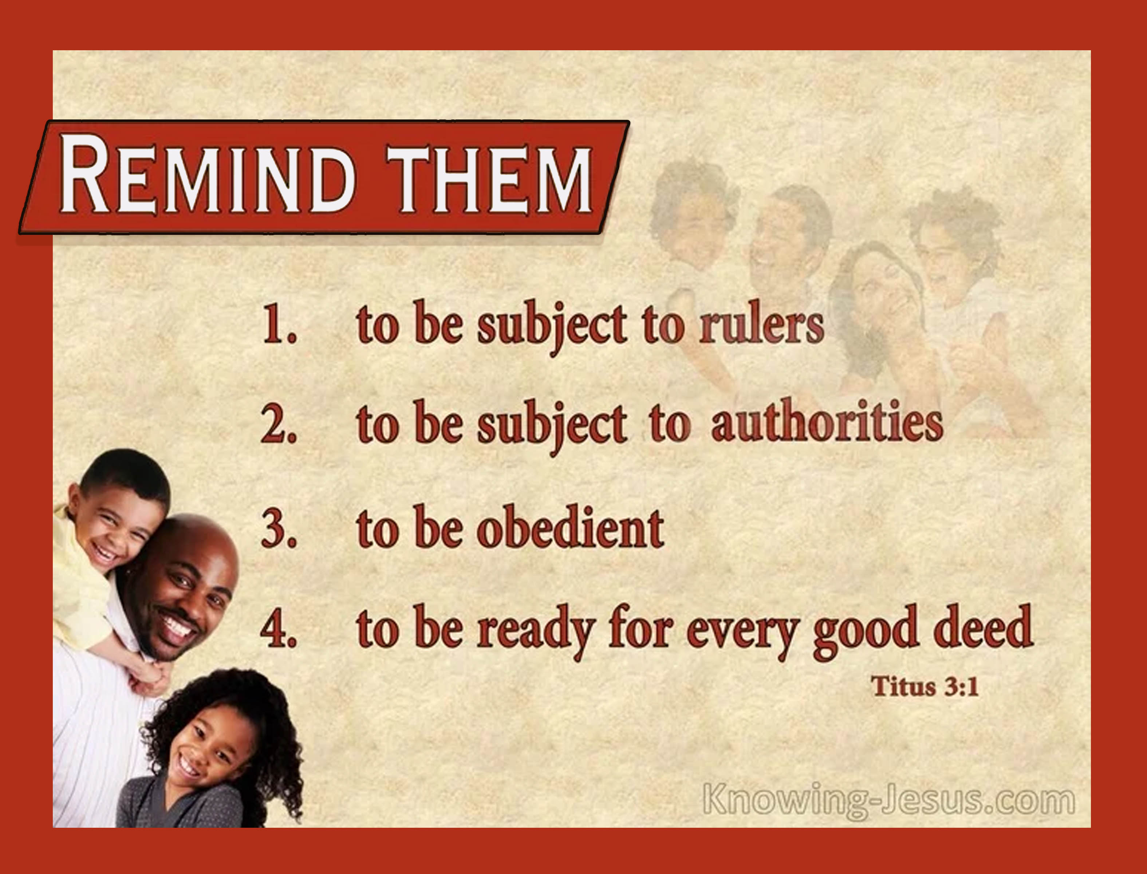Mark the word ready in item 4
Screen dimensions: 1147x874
point(536,631)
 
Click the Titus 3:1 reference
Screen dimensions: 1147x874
point(925,686)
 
